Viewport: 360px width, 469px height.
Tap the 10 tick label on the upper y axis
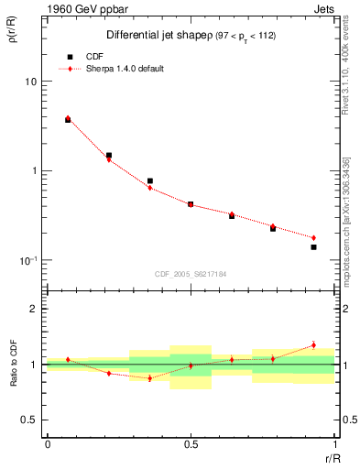pyautogui.click(x=29, y=82)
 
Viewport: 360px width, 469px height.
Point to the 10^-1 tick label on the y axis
pyautogui.click(x=27, y=261)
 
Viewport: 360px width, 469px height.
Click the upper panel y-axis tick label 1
pyautogui.click(x=33, y=171)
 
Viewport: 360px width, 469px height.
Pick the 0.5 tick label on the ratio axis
pyautogui.click(x=29, y=420)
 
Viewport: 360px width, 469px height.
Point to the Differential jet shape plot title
pyautogui.click(x=137, y=36)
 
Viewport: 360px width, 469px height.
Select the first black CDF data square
pyautogui.click(x=69, y=120)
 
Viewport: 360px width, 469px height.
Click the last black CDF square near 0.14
pyautogui.click(x=313, y=247)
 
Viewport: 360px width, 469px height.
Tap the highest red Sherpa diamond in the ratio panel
pyautogui.click(x=313, y=345)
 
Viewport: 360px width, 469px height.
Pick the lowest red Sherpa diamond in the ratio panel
pyautogui.click(x=149, y=377)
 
